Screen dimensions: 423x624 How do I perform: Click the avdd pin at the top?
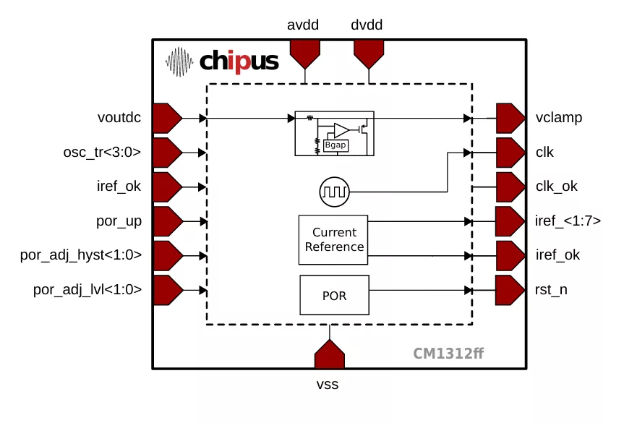[304, 52]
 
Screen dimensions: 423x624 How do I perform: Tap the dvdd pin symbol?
[368, 52]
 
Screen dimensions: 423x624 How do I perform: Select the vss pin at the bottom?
[330, 355]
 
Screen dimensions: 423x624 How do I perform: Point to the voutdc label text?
[119, 118]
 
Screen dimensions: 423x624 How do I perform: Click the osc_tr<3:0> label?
[102, 152]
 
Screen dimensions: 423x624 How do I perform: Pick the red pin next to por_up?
[167, 221]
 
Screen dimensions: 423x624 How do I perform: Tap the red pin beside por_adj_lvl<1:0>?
[167, 290]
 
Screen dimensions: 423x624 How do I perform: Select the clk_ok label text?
[557, 187]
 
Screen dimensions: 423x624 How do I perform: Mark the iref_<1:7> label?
[568, 221]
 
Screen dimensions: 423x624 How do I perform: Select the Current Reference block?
[334, 239]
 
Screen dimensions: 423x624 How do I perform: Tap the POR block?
[334, 295]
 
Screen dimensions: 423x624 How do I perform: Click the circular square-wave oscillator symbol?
[335, 192]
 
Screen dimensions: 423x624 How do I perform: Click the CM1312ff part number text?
[448, 354]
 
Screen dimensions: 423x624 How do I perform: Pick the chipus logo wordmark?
[239, 61]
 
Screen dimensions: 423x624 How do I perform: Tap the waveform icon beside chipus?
[180, 62]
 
